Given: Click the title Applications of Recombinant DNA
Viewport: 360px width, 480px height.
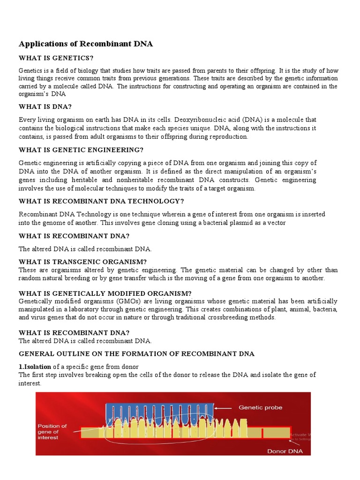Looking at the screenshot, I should (x=86, y=44).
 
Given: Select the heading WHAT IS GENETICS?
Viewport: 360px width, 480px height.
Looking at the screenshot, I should (x=56, y=58).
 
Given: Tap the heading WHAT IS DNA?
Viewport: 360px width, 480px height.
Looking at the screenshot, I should (x=45, y=106).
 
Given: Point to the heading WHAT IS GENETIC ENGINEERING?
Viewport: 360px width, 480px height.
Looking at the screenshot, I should (x=81, y=150).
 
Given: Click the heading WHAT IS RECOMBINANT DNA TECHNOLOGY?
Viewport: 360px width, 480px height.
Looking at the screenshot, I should (x=101, y=201).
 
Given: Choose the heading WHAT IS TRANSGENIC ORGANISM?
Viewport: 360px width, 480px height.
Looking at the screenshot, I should (x=82, y=262).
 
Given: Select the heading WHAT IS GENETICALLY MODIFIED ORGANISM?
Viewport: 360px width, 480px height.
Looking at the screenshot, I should (x=105, y=293).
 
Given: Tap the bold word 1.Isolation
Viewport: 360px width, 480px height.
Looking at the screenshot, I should (x=35, y=366).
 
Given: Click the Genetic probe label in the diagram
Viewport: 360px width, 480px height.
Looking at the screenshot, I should (x=261, y=407).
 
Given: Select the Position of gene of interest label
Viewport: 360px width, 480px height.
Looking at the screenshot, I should (x=52, y=432).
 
